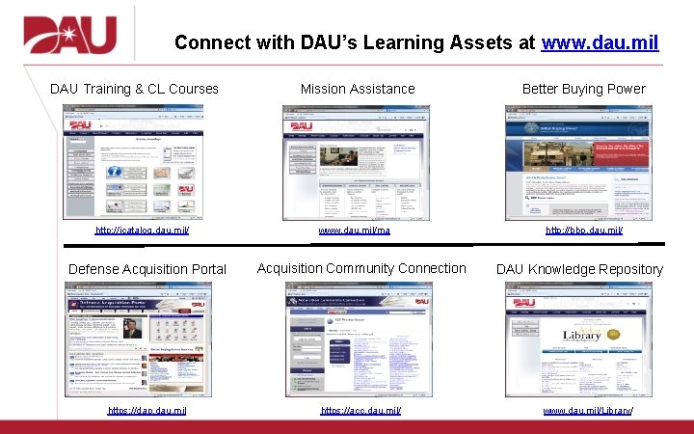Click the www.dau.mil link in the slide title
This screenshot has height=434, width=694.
601,43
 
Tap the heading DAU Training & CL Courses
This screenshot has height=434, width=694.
134,89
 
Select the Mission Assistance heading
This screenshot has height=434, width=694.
358,89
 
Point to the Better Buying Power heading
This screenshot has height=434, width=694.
583,89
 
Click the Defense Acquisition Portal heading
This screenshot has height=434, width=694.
147,269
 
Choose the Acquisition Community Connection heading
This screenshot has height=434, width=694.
361,268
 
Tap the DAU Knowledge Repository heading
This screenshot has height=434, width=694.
579,269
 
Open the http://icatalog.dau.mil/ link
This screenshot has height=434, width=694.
142,231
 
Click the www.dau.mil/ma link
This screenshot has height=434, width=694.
355,231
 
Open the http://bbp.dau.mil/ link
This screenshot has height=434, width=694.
584,231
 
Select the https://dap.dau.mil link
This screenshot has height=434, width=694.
147,411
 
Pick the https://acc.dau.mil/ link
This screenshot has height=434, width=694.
360,411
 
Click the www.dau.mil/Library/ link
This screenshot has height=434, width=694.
588,411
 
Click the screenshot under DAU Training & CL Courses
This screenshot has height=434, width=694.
134,161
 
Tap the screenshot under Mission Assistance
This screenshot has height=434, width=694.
352,161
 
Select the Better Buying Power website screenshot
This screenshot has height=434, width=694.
577,161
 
